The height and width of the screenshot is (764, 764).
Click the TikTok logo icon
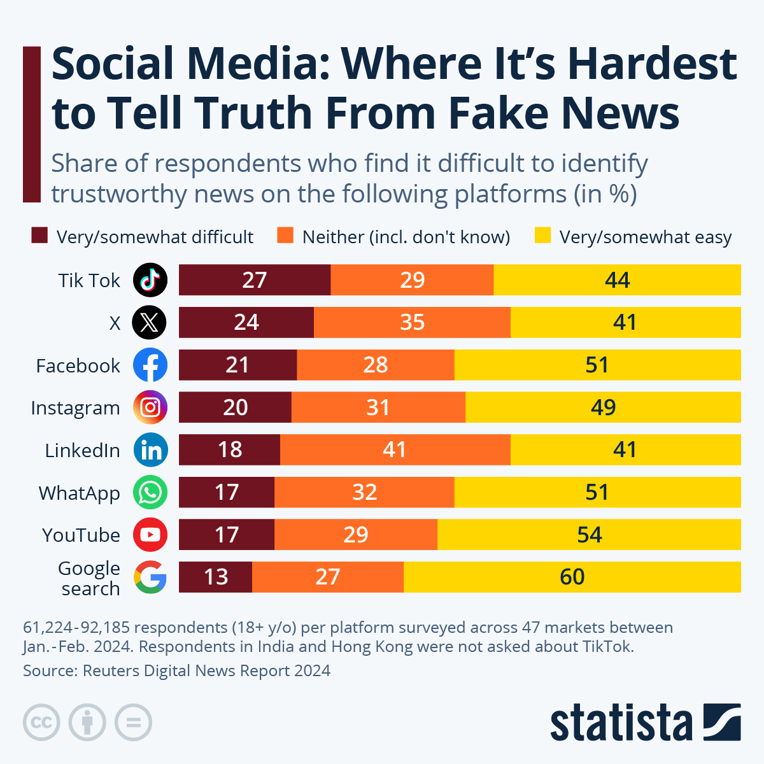pos(150,279)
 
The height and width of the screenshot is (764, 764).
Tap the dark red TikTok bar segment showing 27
pos(255,279)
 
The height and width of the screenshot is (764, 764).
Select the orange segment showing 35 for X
pos(412,322)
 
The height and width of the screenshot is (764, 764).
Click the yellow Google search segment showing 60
pos(572,577)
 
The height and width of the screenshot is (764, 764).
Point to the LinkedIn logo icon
pos(150,450)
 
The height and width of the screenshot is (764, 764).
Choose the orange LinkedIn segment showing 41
pos(395,449)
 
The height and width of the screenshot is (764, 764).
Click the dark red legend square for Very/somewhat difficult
pos(39,236)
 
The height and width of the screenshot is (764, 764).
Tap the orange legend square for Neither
pos(285,236)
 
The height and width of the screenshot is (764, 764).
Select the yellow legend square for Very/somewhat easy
pos(542,236)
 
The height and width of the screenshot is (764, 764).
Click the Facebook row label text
pos(78,365)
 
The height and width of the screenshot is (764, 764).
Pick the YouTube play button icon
pos(150,535)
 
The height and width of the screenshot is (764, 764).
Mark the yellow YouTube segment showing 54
pos(589,534)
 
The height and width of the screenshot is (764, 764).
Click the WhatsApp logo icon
pos(150,493)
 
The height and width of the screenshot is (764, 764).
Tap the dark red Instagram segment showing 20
pos(235,407)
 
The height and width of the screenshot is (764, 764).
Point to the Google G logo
pos(150,577)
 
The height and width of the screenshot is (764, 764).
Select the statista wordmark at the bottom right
pos(621,723)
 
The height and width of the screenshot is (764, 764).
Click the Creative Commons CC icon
pos(41,723)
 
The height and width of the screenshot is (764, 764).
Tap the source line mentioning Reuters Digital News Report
pos(176,670)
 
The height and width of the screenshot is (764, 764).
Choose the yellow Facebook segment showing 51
pos(597,365)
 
